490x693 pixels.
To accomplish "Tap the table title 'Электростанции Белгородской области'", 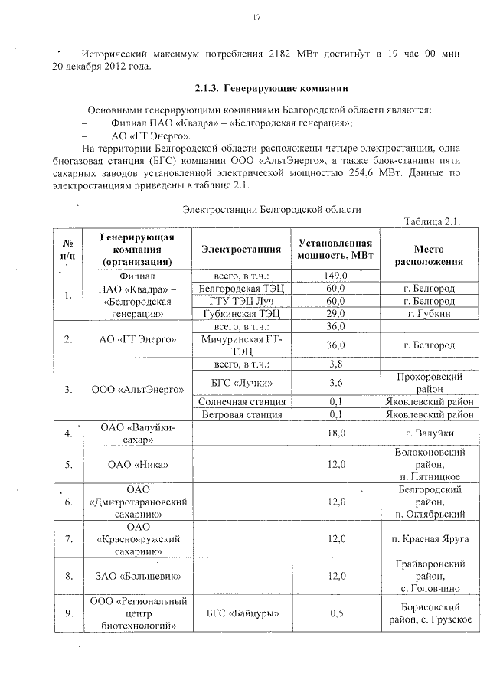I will (x=272, y=208).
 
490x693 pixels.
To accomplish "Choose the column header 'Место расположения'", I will (x=429, y=256).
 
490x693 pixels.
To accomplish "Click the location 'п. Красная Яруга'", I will (x=429, y=539).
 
